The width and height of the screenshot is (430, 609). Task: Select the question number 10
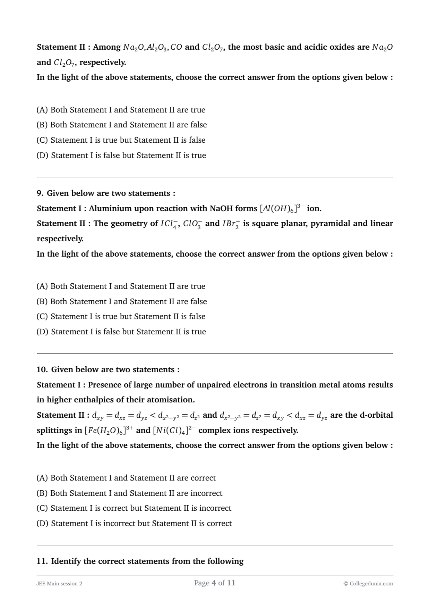[42, 369]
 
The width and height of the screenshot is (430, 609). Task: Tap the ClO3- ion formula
[192, 224]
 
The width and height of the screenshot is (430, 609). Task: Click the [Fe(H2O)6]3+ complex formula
[109, 430]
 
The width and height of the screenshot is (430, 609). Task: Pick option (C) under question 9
[121, 316]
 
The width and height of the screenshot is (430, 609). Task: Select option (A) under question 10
[126, 478]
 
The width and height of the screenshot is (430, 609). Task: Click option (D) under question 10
[134, 523]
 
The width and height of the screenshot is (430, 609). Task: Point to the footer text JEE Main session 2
[59, 583]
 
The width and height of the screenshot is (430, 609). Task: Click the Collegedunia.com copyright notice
[368, 583]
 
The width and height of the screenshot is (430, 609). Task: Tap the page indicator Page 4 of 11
[215, 583]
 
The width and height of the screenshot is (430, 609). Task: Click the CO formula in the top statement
[176, 47]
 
